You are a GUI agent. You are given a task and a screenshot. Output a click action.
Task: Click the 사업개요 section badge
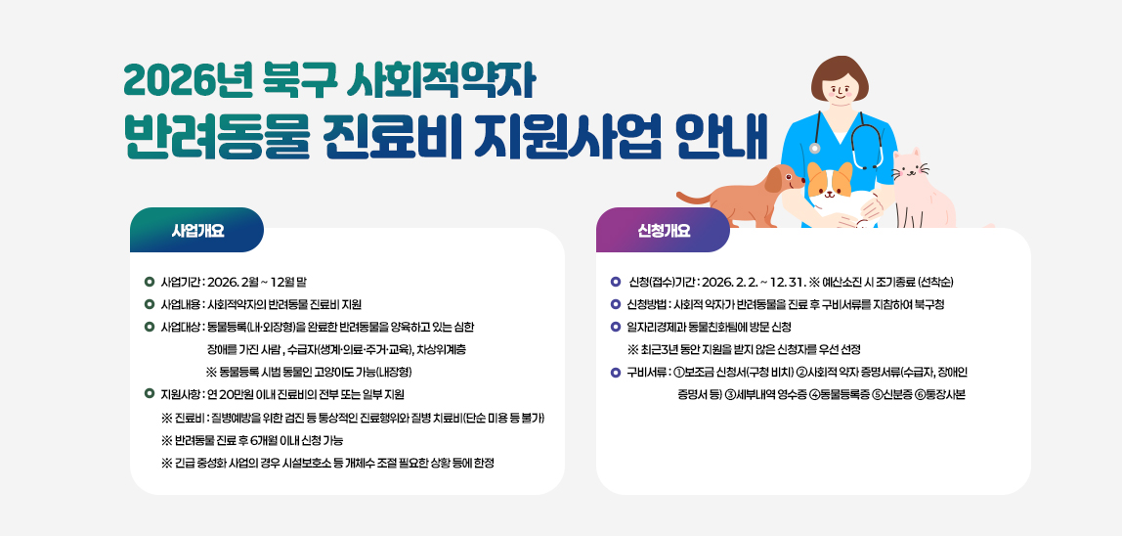[197, 231]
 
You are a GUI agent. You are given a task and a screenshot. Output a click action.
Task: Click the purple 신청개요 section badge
[664, 231]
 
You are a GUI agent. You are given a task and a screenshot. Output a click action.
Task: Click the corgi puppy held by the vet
[831, 192]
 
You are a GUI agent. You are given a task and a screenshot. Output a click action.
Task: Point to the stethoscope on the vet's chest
[864, 147]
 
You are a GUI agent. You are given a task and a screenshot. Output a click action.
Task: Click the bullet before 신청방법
[615, 304]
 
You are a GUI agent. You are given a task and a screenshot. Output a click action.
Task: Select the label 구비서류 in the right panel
[647, 372]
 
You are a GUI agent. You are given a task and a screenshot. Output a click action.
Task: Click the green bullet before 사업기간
[149, 282]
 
